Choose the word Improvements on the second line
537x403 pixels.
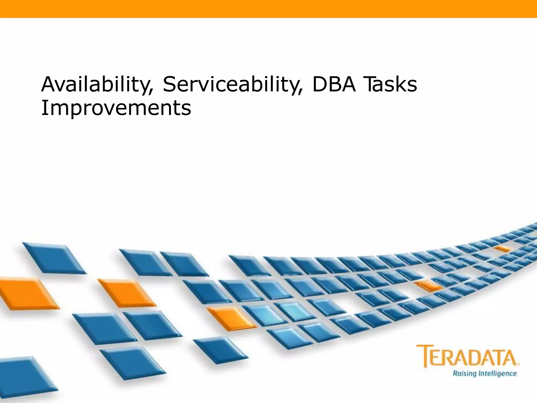[x=116, y=108]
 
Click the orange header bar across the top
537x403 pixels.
[x=268, y=9]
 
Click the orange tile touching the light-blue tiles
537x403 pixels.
[x=231, y=318]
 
